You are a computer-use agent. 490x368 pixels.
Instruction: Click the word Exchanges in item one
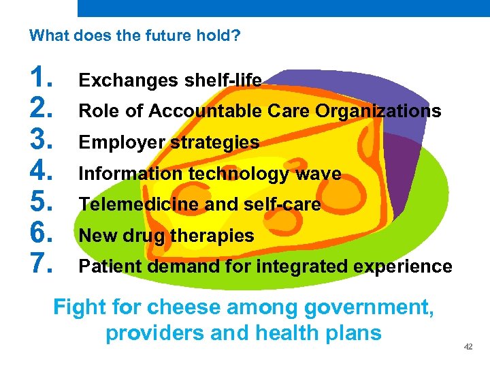tap(119, 80)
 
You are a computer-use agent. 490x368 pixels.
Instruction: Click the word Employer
tap(122, 142)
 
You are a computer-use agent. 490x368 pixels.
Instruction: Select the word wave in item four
tap(318, 174)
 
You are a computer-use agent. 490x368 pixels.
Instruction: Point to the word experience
tap(408, 266)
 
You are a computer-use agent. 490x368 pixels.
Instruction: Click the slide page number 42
tap(468, 348)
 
